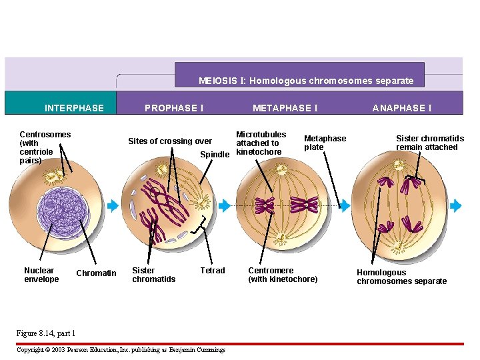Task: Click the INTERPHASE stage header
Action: pyautogui.click(x=74, y=108)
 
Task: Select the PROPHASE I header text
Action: pyautogui.click(x=174, y=108)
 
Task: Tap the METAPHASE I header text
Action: pyautogui.click(x=285, y=108)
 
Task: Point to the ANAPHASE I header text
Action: pyautogui.click(x=401, y=108)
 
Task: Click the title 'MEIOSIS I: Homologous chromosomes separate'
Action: pyautogui.click(x=306, y=81)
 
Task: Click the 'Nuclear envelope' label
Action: pyautogui.click(x=41, y=275)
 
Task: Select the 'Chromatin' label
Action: pyautogui.click(x=96, y=273)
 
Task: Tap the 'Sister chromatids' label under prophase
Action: pyautogui.click(x=153, y=275)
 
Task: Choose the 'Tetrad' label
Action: pyautogui.click(x=213, y=271)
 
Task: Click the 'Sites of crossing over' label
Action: pyautogui.click(x=169, y=141)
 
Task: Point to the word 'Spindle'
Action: pyautogui.click(x=215, y=155)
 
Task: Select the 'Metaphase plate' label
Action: pyautogui.click(x=325, y=143)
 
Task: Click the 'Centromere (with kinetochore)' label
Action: pyautogui.click(x=283, y=275)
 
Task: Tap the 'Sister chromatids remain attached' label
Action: pyautogui.click(x=430, y=143)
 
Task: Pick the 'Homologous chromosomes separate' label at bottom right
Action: pyautogui.click(x=401, y=277)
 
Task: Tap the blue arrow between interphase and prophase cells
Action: pyautogui.click(x=113, y=206)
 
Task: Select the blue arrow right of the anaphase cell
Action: pyautogui.click(x=456, y=206)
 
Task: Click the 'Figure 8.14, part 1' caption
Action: pyautogui.click(x=45, y=333)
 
